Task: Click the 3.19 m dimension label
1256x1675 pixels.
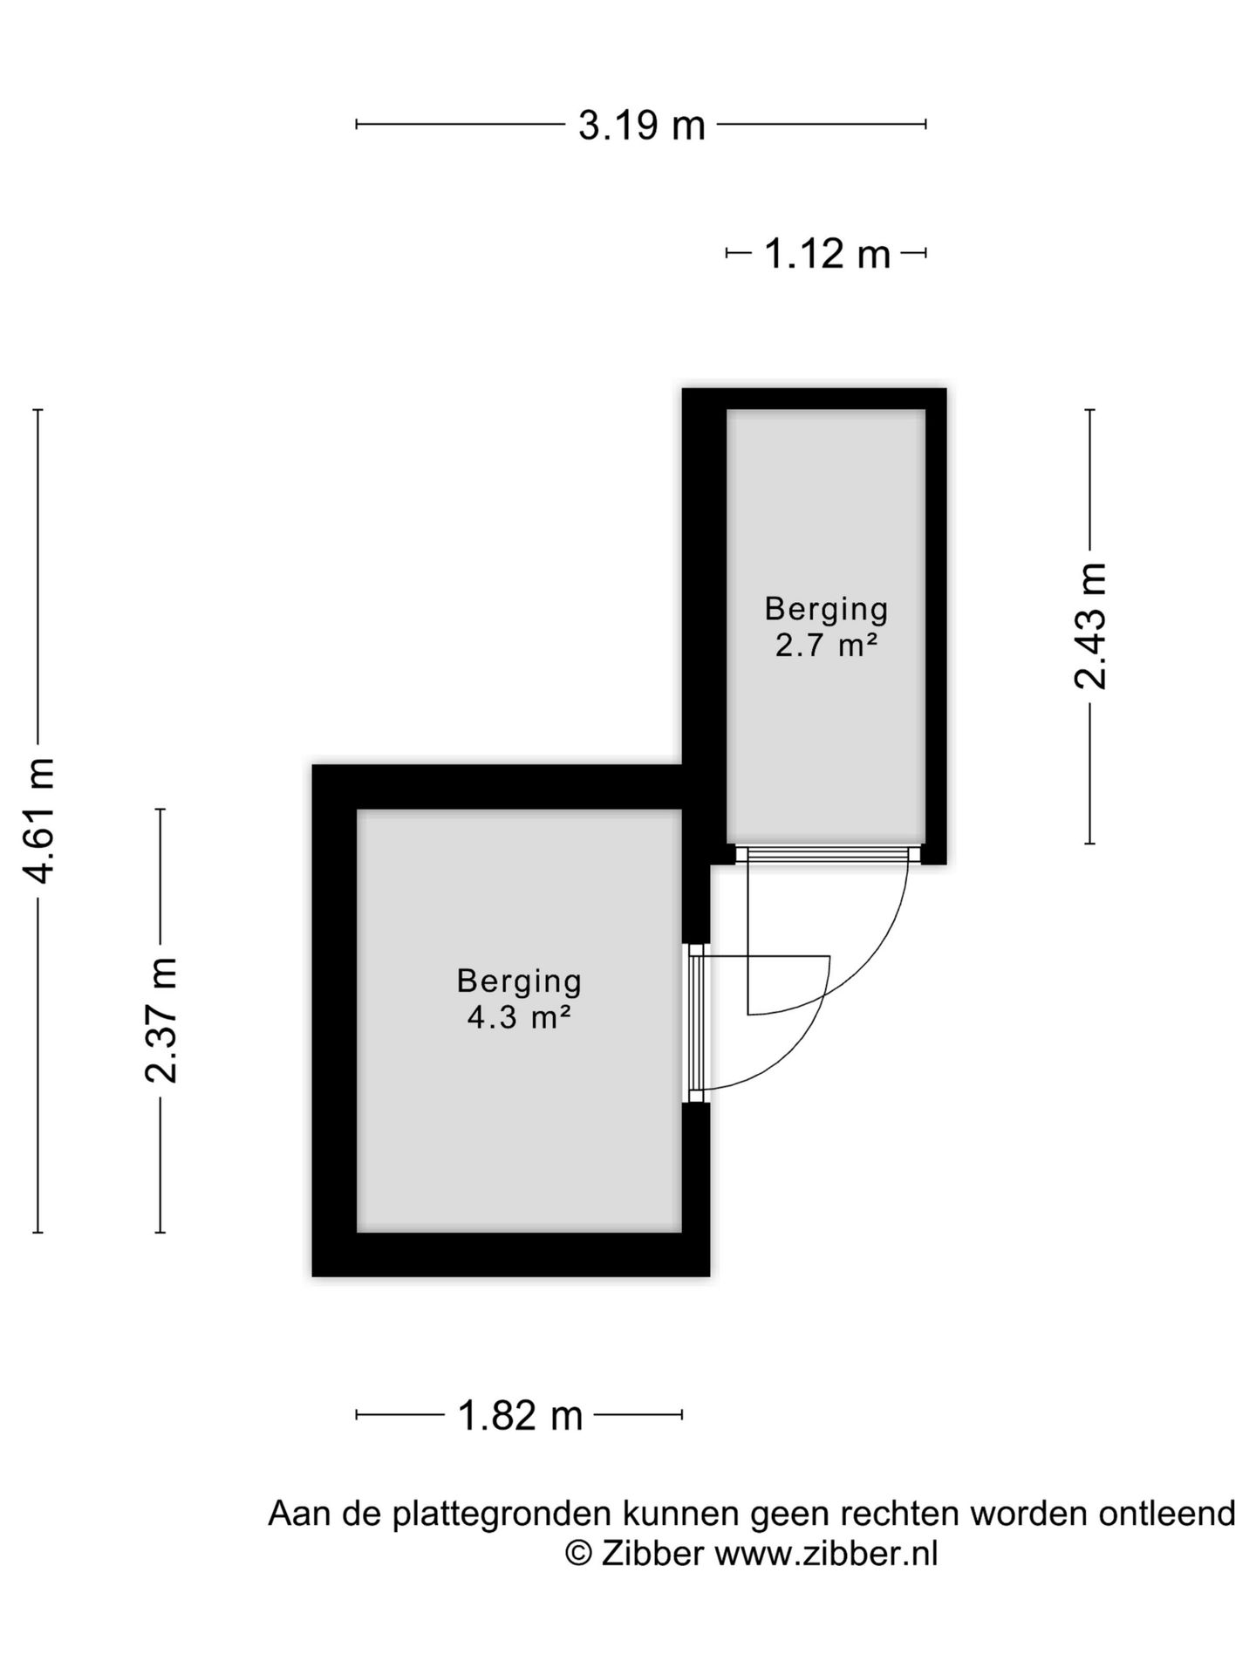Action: click(641, 126)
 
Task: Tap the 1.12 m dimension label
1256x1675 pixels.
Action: click(827, 254)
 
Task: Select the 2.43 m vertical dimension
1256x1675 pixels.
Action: click(1089, 626)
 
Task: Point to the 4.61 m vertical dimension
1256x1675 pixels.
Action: click(38, 820)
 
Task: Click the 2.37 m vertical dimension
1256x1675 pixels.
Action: click(160, 1020)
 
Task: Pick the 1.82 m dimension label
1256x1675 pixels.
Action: click(520, 1415)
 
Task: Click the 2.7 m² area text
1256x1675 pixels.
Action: click(826, 646)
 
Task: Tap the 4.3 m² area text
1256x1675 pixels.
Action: click(519, 1017)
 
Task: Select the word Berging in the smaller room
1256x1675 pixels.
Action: click(826, 610)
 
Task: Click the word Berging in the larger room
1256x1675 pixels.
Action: click(519, 981)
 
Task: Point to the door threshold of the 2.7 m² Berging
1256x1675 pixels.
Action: click(828, 854)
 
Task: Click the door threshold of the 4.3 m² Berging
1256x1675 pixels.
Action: click(696, 1022)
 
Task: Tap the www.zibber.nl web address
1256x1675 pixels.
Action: click(827, 1554)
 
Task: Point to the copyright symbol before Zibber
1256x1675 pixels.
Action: click(579, 1554)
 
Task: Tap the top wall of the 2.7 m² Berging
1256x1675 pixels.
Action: click(814, 399)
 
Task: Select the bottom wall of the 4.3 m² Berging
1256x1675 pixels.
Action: click(511, 1255)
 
